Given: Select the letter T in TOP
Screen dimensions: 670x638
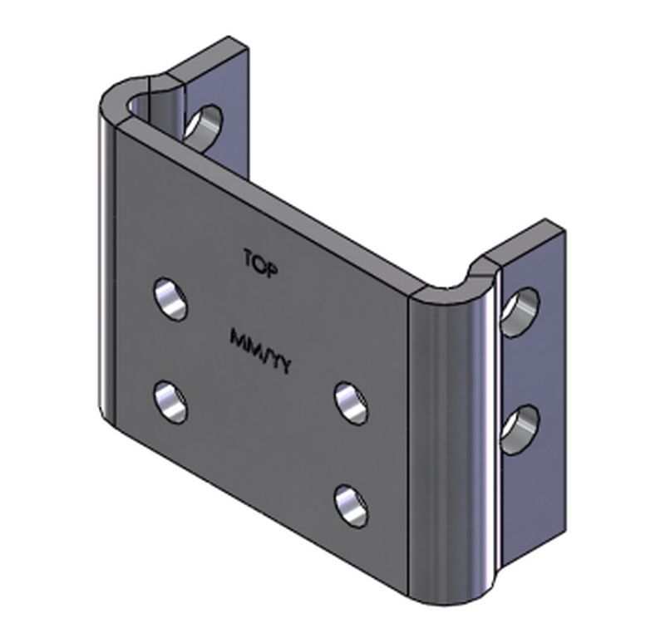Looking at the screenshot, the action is click(x=249, y=258).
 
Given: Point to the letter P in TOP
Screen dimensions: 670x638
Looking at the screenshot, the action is click(x=272, y=271).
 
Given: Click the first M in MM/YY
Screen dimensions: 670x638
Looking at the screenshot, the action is click(x=237, y=338).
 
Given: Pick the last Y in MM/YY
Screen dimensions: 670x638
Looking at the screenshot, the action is click(x=285, y=366).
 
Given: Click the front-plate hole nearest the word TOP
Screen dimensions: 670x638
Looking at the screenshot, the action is click(x=171, y=299).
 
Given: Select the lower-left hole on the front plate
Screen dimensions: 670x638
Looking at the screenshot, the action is click(x=171, y=402).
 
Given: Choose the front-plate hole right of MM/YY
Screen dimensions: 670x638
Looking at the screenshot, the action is click(x=352, y=404).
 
